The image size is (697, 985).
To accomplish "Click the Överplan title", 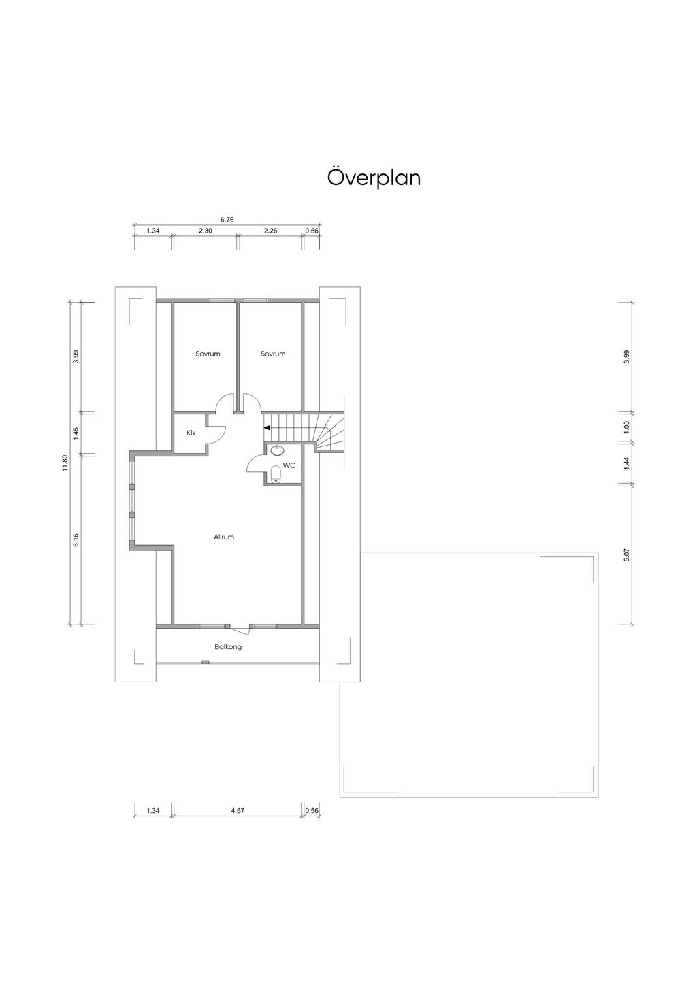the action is (374, 178).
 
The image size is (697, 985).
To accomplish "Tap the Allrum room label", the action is (223, 537).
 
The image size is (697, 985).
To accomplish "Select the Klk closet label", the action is (191, 433).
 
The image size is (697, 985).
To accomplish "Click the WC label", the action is (289, 465).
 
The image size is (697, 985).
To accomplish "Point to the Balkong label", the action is (228, 647).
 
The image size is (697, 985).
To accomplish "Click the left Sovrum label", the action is (208, 354).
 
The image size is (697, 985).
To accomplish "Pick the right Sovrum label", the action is (273, 354).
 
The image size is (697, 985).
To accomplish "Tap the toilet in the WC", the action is (276, 474).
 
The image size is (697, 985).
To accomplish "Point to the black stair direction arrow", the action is (267, 427).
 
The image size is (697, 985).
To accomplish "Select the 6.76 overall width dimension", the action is (227, 220).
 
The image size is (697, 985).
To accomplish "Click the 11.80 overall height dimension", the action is (65, 463).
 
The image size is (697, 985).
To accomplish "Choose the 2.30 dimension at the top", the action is (206, 231).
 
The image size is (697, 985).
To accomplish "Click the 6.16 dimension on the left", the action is (76, 540).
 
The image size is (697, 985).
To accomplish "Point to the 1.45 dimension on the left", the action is (76, 433).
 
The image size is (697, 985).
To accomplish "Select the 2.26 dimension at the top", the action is (270, 231).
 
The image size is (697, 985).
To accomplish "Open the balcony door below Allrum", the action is (240, 629).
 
